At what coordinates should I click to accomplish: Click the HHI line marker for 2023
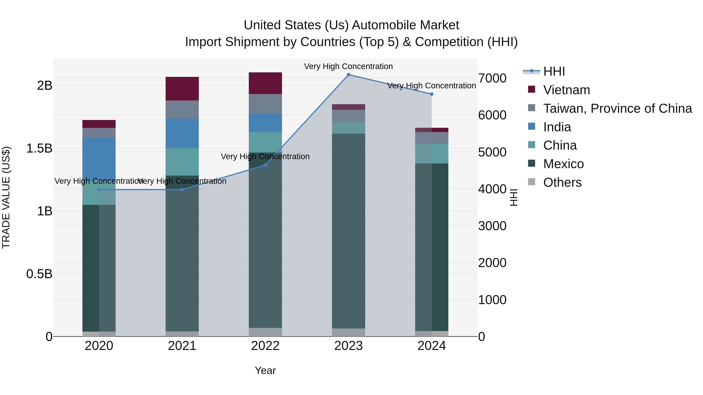[x=349, y=75]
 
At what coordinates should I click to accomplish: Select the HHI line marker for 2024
[x=432, y=94]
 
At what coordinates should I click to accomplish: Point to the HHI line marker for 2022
[x=265, y=165]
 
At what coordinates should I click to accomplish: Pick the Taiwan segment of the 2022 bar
[x=265, y=104]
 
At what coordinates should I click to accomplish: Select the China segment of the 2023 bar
[x=349, y=128]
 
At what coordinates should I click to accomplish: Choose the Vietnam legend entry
[x=566, y=90]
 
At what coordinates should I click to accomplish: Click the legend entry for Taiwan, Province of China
[x=617, y=108]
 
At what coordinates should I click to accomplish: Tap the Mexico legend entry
[x=563, y=164]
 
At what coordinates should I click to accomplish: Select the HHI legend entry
[x=554, y=71]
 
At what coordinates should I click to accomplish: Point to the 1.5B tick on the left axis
[x=39, y=149]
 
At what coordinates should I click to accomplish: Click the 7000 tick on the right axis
[x=492, y=78]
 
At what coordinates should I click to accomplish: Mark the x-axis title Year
[x=265, y=370]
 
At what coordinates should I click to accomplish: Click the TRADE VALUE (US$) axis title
[x=6, y=197]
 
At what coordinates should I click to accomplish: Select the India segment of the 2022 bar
[x=265, y=123]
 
